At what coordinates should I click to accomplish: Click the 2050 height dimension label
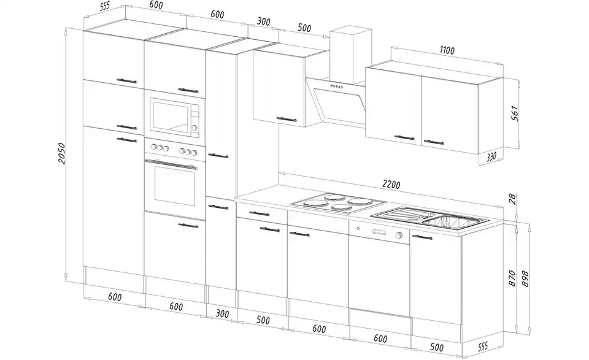coord(62,153)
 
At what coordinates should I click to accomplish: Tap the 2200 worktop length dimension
coord(391,185)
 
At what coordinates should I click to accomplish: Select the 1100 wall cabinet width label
coord(447,50)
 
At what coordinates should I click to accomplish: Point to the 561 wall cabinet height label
coord(515,113)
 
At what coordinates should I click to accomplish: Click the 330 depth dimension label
coord(491,156)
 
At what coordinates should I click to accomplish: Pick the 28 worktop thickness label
coord(513,199)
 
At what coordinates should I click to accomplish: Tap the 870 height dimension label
coord(512,278)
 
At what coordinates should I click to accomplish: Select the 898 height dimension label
coord(525,278)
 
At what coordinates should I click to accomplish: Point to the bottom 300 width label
coord(223,313)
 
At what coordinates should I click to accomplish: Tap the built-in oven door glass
coord(175,186)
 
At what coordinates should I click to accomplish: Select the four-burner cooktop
coord(338,203)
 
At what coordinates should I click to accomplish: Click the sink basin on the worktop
coord(455,221)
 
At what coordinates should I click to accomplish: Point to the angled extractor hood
coord(336,101)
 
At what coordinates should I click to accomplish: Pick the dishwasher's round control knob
coord(399,236)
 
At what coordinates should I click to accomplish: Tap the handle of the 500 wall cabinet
coord(287,119)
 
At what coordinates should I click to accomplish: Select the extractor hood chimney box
coord(350,54)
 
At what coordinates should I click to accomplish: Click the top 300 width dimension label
coord(264,21)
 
